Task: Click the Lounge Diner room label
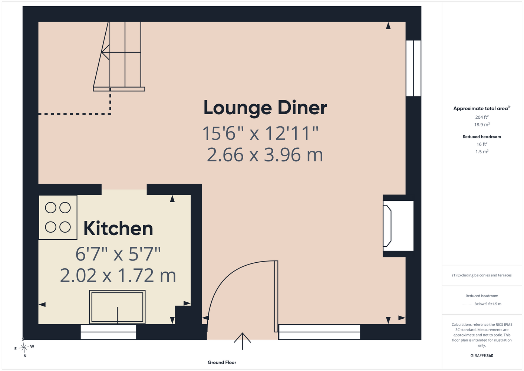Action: coord(265,108)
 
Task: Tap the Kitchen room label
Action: coord(118,228)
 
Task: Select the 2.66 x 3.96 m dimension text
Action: coord(265,154)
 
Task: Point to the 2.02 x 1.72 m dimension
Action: coord(118,275)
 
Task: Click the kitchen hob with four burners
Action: coord(58,217)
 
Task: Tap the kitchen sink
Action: coord(117,307)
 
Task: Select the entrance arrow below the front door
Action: coord(243,341)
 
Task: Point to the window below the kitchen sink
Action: coord(108,332)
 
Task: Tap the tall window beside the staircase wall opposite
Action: coord(413,68)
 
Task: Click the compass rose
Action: coord(24,347)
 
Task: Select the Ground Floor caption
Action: coord(222,362)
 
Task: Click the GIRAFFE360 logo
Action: coord(482,355)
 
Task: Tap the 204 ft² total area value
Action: coord(482,117)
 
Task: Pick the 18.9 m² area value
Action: coord(482,124)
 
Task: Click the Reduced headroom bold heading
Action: coord(482,137)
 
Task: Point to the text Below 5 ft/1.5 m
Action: coord(488,304)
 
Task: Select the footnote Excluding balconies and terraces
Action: coord(482,275)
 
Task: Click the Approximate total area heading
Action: coord(482,108)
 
